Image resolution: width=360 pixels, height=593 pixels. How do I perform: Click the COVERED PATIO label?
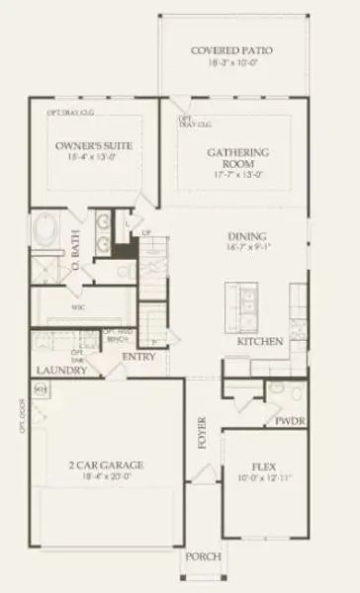tap(233, 49)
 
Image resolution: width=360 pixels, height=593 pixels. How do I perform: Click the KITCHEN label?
tap(261, 341)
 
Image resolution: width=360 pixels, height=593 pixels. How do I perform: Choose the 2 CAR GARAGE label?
tap(108, 465)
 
